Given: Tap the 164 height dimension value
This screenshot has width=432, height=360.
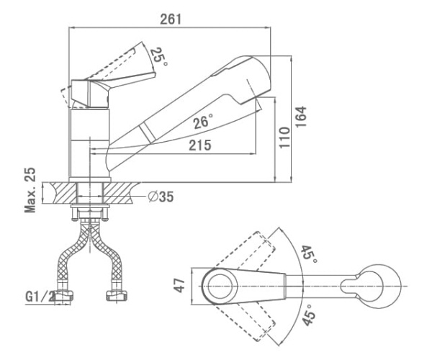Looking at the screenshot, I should tap(302, 117).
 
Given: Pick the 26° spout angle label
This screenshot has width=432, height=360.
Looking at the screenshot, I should tap(205, 122).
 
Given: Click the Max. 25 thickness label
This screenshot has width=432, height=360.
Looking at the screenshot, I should tap(30, 190).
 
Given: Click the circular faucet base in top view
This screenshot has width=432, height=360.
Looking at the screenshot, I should tap(216, 282).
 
